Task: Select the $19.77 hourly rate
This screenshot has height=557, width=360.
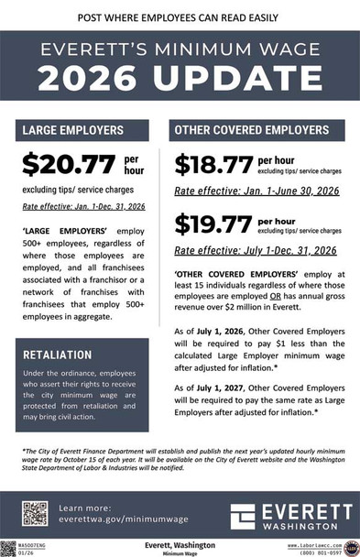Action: (x=213, y=224)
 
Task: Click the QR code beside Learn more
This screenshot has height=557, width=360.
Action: (x=35, y=513)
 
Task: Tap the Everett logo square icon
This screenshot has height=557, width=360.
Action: (x=245, y=516)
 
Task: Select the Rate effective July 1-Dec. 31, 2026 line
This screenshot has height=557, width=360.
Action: (x=255, y=250)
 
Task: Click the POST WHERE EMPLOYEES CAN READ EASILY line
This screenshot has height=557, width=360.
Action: (x=180, y=16)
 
